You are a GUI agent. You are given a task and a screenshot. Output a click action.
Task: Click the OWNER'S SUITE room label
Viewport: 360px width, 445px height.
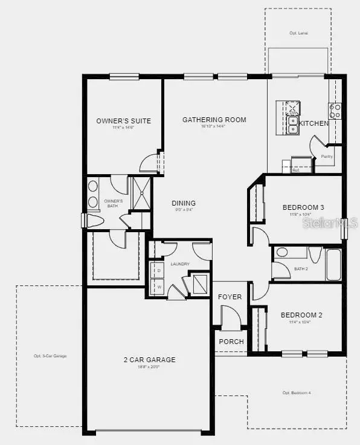point(123,121)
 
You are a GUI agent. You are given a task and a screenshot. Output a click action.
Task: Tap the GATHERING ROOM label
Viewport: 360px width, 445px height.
point(214,120)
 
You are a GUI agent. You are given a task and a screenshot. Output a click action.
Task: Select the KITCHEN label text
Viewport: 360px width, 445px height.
point(314,123)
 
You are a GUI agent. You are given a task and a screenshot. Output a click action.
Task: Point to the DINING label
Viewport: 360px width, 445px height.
point(184,203)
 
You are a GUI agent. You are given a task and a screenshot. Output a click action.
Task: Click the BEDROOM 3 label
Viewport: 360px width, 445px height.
point(303,207)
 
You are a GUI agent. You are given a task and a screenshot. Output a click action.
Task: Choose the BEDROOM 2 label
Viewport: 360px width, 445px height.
point(301,315)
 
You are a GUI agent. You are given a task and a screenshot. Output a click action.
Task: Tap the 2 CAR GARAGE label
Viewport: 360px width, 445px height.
point(149,360)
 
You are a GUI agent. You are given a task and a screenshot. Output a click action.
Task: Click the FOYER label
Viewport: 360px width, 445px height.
point(230,297)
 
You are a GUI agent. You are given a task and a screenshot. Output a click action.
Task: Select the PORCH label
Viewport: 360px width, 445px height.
point(231,342)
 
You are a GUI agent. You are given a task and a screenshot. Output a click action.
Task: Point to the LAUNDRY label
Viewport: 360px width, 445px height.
point(180,264)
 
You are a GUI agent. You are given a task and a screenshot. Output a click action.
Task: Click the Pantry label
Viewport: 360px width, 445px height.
point(327,157)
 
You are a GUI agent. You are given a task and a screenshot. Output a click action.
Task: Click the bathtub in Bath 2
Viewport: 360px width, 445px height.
point(334,264)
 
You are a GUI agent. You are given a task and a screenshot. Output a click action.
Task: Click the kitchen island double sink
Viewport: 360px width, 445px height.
point(293,125)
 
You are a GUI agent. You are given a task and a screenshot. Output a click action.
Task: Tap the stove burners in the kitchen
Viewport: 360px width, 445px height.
point(335,111)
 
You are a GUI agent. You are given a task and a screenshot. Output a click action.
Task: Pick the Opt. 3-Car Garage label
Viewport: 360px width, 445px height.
point(50,356)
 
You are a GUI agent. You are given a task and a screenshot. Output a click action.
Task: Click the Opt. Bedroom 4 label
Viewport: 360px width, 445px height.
point(297,393)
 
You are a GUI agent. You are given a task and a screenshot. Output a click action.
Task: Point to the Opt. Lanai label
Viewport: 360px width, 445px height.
point(298,33)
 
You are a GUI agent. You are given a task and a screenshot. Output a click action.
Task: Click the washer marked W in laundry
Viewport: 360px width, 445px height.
point(159,287)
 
